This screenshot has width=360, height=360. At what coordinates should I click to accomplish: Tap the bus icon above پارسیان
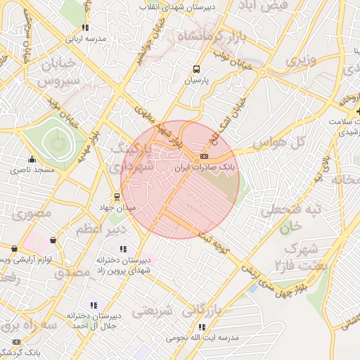[x=196, y=70]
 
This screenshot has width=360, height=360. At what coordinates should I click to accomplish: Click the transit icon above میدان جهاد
[x=117, y=197]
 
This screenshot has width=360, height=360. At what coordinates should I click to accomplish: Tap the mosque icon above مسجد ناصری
[x=31, y=158]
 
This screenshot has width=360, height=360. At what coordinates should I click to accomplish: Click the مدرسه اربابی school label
[x=85, y=39]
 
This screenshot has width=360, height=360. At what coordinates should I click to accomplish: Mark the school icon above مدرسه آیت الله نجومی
[x=202, y=327]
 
